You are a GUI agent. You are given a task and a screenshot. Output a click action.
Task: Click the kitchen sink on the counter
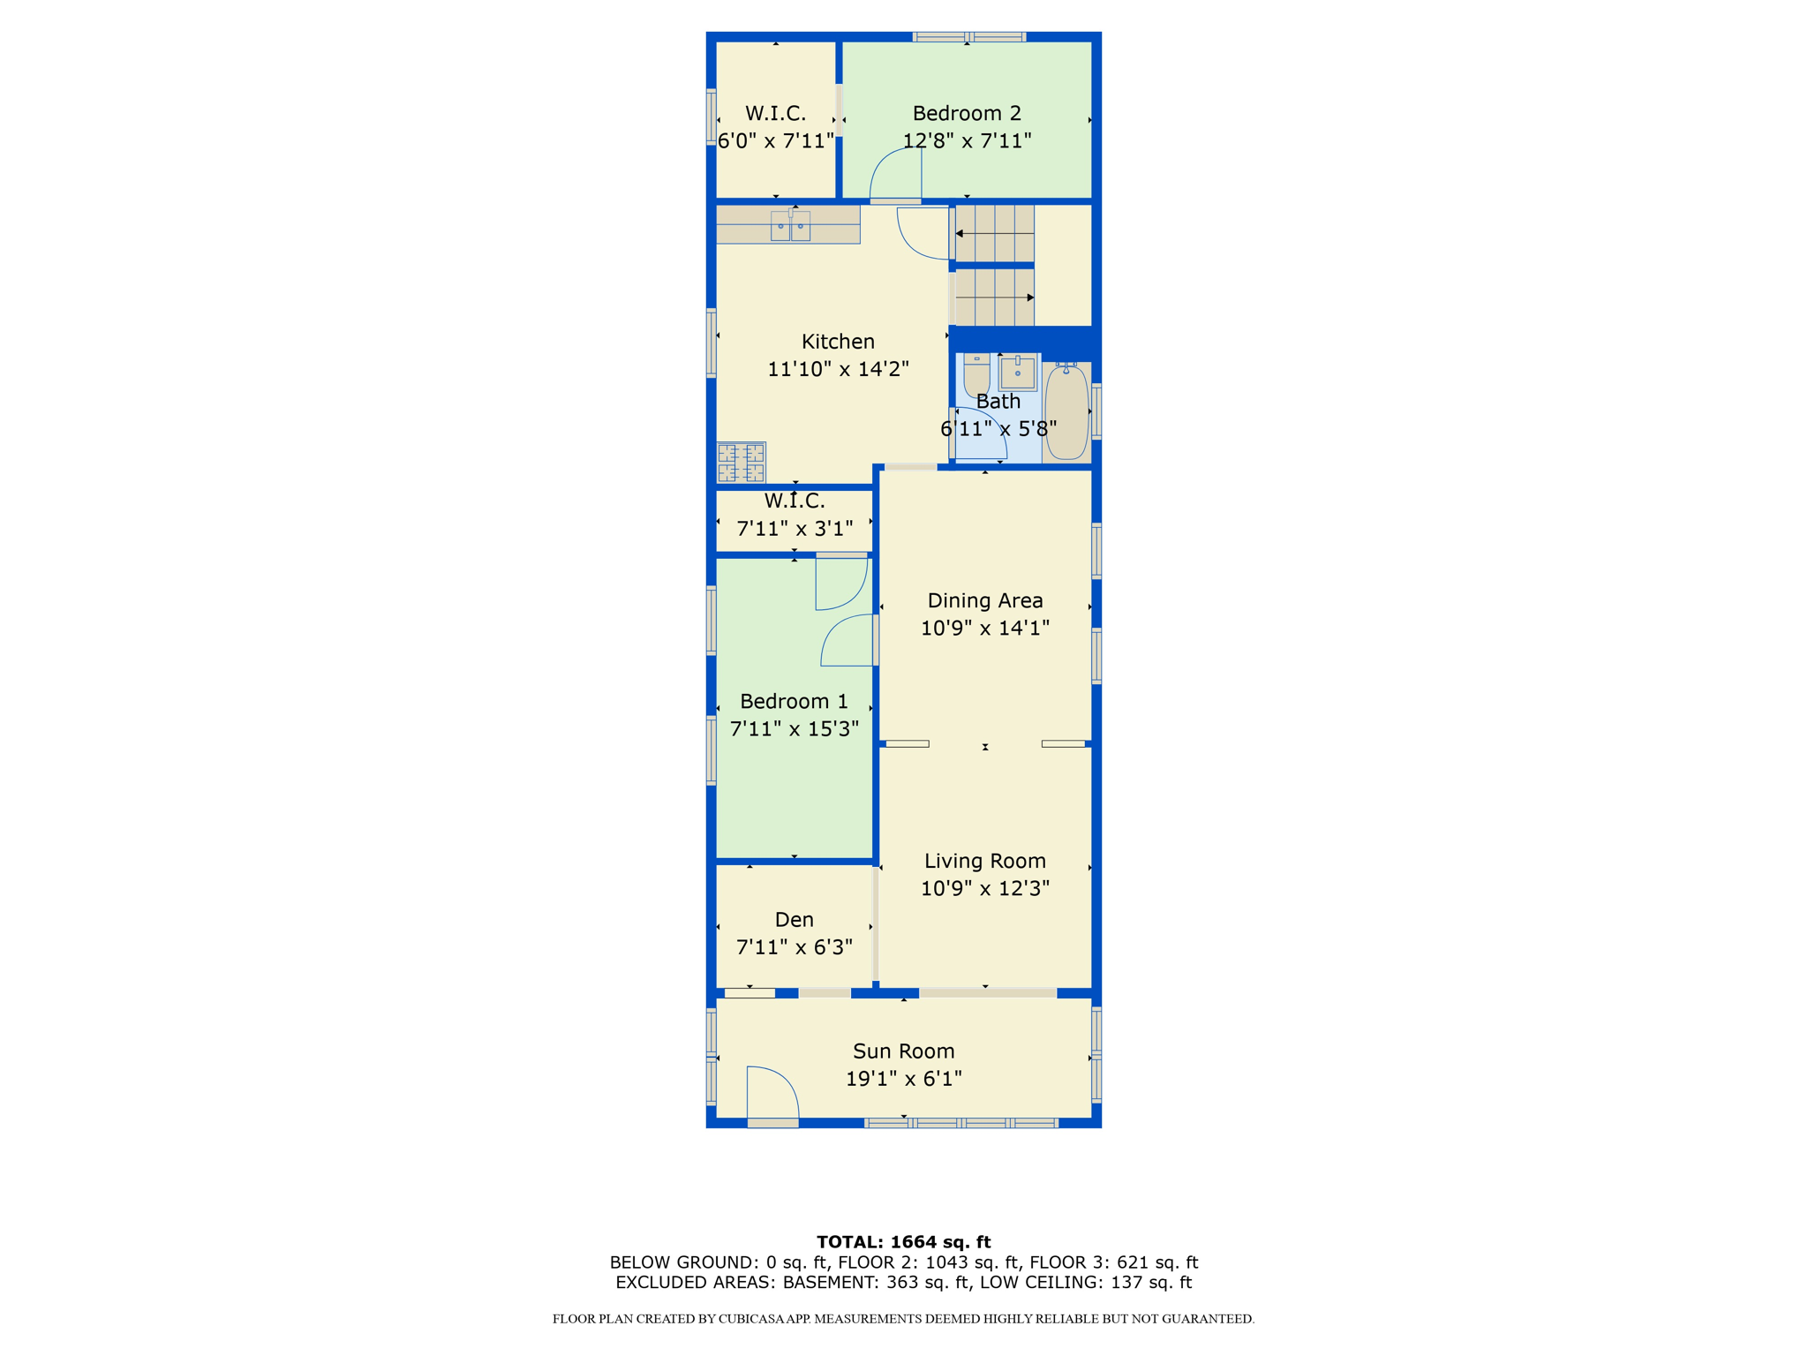point(790,225)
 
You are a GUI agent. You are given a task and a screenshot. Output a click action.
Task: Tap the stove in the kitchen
point(741,463)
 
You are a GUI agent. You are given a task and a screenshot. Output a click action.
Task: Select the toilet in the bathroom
point(976,375)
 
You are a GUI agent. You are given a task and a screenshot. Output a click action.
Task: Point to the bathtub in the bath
point(1066,411)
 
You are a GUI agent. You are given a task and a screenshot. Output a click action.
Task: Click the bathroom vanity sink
point(1018,373)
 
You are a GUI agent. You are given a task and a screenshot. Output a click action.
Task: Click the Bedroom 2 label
point(967,113)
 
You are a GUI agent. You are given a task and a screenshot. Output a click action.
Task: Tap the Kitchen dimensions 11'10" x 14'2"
point(838,369)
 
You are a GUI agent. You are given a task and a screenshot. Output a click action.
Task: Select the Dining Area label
point(985,600)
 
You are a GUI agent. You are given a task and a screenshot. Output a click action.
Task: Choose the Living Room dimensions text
point(985,888)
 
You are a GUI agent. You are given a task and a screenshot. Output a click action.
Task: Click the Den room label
point(794,920)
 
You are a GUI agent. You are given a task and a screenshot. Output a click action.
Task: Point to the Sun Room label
point(903,1051)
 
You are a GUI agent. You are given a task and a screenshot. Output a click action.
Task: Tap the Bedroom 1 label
point(794,701)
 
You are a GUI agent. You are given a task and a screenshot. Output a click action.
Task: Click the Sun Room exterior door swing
point(772,1095)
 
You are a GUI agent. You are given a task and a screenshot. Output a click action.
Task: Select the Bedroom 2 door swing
point(897,175)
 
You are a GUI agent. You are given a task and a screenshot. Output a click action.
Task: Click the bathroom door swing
point(980,433)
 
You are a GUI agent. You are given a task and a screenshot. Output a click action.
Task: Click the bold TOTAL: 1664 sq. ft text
point(903,1242)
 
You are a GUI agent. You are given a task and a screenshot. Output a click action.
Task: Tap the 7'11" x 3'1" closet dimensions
point(795,529)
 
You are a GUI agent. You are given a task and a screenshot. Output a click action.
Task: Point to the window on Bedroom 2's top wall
point(968,37)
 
